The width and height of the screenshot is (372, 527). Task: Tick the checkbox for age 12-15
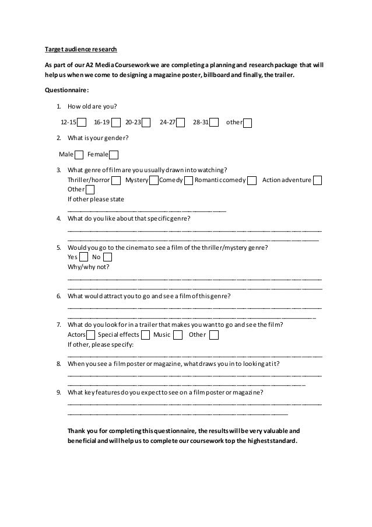[x=82, y=123]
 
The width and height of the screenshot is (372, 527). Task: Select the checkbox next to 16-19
[x=116, y=123]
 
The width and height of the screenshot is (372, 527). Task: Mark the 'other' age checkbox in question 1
[x=247, y=123]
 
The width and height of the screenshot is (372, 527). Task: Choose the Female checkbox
[x=114, y=155]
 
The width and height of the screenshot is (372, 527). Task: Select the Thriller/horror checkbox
[x=117, y=180]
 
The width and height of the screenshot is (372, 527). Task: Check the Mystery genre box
[x=154, y=180]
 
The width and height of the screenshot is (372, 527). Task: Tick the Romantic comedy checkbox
[x=252, y=180]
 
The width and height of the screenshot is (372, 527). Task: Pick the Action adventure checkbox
[x=318, y=180]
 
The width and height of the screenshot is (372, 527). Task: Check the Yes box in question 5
[x=83, y=257]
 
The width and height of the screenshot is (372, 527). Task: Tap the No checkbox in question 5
[x=107, y=257]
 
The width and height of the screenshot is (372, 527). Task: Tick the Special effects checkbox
[x=145, y=335]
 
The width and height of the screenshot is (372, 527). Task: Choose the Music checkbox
[x=178, y=335]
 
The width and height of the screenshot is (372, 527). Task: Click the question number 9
[x=59, y=393]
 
